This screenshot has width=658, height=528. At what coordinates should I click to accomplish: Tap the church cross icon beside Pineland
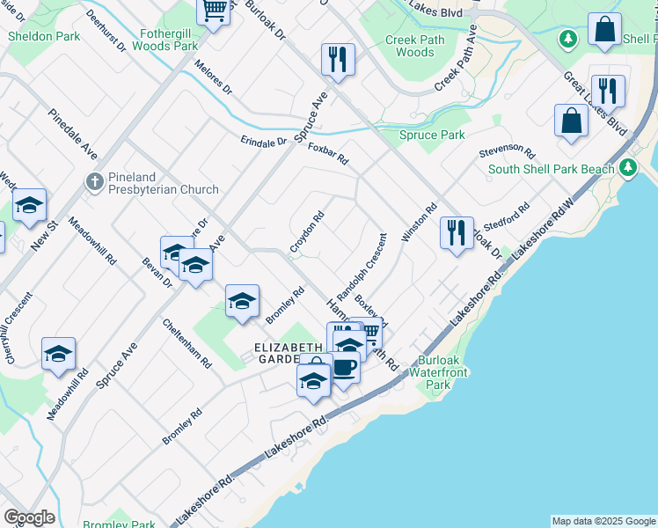point(94,182)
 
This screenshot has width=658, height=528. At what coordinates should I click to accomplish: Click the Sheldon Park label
point(44,36)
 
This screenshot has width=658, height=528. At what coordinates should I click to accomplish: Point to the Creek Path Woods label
point(410,46)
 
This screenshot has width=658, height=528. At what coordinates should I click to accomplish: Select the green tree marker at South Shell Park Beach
point(627,167)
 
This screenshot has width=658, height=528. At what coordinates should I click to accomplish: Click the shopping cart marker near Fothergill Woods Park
point(213,11)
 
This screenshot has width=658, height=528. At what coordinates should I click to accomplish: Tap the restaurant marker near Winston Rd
point(457,234)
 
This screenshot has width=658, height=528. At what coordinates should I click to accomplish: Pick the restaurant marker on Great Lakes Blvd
point(608,92)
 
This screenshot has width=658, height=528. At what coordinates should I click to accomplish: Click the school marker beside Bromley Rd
point(242,302)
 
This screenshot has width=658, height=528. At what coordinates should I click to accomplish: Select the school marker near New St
point(30,206)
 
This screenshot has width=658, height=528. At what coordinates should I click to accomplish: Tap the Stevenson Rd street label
point(508,151)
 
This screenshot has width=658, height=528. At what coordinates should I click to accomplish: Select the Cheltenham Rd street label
point(186,342)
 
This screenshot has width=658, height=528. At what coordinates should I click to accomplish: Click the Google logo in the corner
point(29,517)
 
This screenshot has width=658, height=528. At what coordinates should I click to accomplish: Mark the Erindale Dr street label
point(264,141)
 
